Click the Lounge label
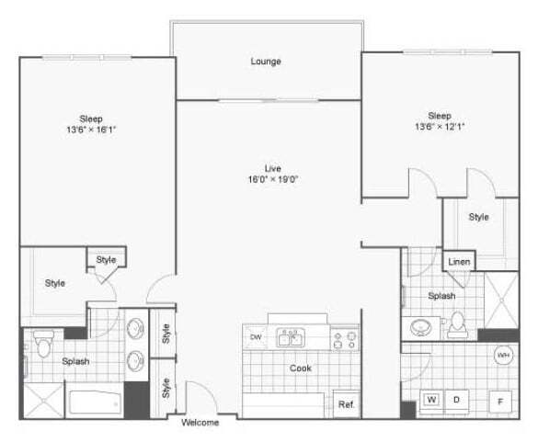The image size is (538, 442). click(x=266, y=62)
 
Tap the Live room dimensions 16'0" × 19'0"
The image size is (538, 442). click(x=272, y=179)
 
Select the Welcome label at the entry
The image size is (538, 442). click(x=200, y=423)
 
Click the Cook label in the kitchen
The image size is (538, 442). click(x=301, y=368)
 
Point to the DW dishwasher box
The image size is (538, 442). click(x=255, y=337)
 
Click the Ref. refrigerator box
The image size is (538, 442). click(x=347, y=404)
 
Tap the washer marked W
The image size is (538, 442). click(x=431, y=400)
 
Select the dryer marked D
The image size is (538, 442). click(x=454, y=400)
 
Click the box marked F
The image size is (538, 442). click(x=502, y=401)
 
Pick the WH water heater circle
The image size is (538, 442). click(x=503, y=356)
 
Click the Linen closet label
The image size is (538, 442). click(x=459, y=263)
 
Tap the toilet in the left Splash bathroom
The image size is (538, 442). click(x=41, y=343)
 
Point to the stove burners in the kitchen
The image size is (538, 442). click(x=345, y=340)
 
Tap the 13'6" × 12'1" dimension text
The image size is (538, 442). click(x=439, y=127)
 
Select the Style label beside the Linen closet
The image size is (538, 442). click(x=478, y=217)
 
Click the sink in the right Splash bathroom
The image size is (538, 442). click(x=424, y=326)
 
